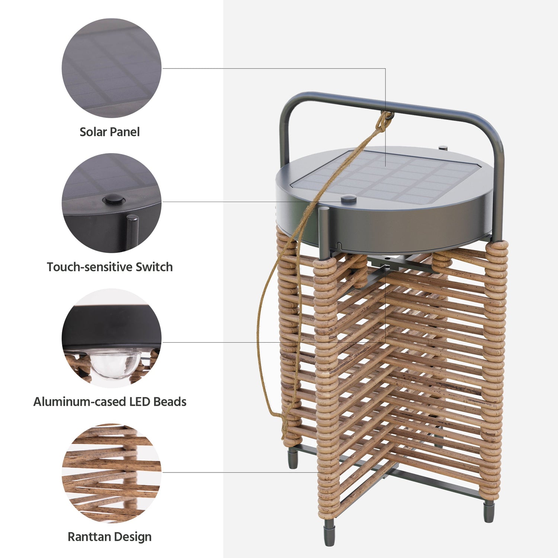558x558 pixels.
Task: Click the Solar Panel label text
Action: click(109, 132)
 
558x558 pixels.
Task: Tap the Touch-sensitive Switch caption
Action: click(110, 267)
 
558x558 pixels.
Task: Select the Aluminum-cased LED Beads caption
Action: click(110, 402)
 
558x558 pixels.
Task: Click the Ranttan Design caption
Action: click(110, 537)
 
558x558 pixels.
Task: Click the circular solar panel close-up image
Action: click(112, 68)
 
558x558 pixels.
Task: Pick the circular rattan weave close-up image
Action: click(112, 473)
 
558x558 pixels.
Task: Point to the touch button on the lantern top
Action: click(349, 200)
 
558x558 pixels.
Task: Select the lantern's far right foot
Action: click(489, 511)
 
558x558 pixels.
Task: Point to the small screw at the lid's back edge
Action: click(443, 148)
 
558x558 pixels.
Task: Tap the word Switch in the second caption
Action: click(154, 267)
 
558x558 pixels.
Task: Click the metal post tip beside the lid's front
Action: click(324, 211)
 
